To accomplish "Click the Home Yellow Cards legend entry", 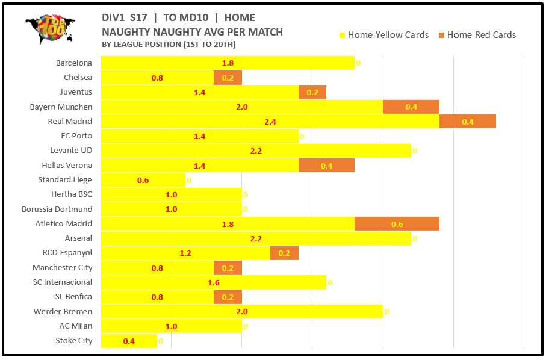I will click(x=385, y=35).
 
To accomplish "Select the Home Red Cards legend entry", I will click(x=476, y=35).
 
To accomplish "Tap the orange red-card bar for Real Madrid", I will click(x=467, y=121).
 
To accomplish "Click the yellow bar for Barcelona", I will click(x=227, y=63).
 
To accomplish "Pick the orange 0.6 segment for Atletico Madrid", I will click(x=397, y=224).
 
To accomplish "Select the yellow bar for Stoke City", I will click(x=128, y=341).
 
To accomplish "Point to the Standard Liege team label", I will click(x=65, y=180).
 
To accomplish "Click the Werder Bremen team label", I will click(x=63, y=312).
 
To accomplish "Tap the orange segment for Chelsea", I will click(x=228, y=78).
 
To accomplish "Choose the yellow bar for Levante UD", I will click(x=255, y=151).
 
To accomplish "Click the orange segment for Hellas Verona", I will click(x=326, y=166).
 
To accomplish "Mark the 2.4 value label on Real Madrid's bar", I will click(x=270, y=122).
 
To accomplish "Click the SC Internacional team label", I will click(x=63, y=282).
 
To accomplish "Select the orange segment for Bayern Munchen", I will click(x=411, y=107).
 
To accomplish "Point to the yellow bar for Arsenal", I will click(x=255, y=238).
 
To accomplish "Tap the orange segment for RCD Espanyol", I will click(x=284, y=253).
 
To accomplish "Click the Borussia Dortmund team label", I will click(x=57, y=209).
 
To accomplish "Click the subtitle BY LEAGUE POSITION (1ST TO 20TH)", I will click(x=169, y=45).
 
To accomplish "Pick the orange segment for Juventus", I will click(x=312, y=92).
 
